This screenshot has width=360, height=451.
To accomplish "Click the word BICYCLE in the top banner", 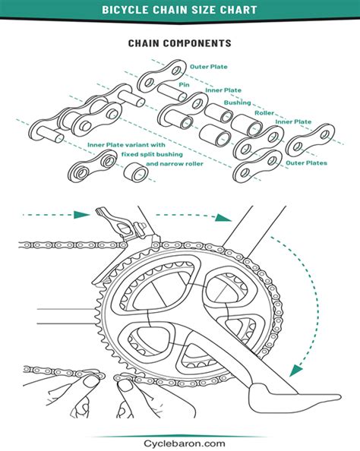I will (127, 10).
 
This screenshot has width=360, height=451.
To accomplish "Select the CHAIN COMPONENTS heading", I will (179, 44).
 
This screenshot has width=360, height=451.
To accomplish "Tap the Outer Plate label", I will (210, 67).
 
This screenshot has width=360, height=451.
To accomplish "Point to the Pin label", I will (184, 85).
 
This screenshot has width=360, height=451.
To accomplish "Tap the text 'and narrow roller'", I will (174, 164).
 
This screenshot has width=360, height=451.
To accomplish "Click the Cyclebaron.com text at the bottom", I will (179, 443).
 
